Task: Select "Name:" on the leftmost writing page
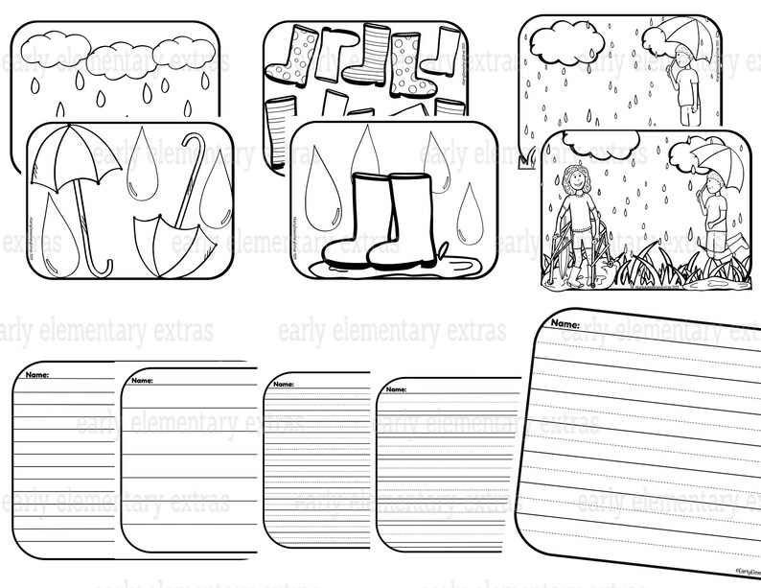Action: (38, 373)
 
